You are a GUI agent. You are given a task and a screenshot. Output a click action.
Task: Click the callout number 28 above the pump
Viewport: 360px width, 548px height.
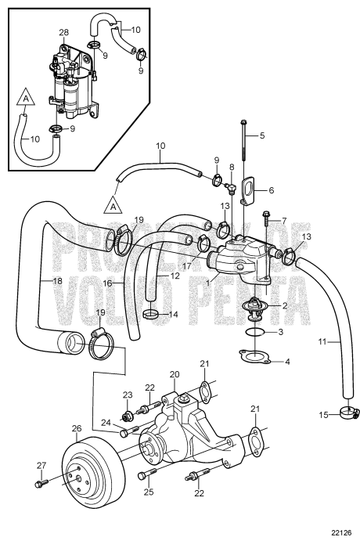pyautogui.click(x=63, y=33)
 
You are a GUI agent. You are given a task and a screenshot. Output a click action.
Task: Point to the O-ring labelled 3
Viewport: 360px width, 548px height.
pyautogui.click(x=255, y=332)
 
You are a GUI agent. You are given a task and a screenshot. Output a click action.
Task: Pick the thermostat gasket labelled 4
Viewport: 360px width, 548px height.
pyautogui.click(x=255, y=357)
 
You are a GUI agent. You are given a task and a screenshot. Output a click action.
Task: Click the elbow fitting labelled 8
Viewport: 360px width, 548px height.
pyautogui.click(x=230, y=188)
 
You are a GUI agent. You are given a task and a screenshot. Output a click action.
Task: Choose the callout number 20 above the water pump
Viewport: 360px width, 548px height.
pyautogui.click(x=175, y=374)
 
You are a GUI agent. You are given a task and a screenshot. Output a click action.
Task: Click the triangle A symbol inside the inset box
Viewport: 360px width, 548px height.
pyautogui.click(x=26, y=97)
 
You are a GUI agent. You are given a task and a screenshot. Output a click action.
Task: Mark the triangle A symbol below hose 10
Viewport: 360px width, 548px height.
pyautogui.click(x=113, y=204)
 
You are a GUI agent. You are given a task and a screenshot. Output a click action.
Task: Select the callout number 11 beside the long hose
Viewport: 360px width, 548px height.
pyautogui.click(x=322, y=341)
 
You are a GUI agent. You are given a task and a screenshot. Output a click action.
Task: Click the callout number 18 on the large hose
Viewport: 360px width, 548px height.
pyautogui.click(x=57, y=280)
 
